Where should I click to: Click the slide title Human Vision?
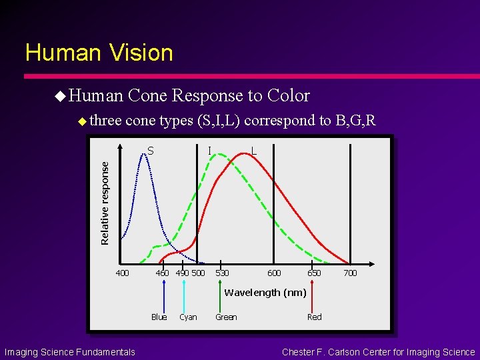click(x=99, y=53)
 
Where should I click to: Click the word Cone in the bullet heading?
click(x=148, y=96)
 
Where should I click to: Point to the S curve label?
click(x=151, y=151)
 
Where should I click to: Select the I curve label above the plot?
click(x=210, y=151)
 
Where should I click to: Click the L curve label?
click(x=254, y=151)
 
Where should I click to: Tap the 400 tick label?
click(x=123, y=273)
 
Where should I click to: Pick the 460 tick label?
click(x=162, y=273)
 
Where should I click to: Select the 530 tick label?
click(x=222, y=273)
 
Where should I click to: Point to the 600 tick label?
click(x=274, y=273)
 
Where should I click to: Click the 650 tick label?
click(x=313, y=273)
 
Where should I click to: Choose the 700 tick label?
click(x=350, y=273)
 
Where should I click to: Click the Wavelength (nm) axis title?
click(x=265, y=293)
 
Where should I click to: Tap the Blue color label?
click(x=159, y=317)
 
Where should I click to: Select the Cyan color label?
click(x=188, y=317)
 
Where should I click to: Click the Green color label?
click(x=226, y=317)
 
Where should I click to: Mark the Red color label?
click(x=314, y=317)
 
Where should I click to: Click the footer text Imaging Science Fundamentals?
click(x=69, y=352)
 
